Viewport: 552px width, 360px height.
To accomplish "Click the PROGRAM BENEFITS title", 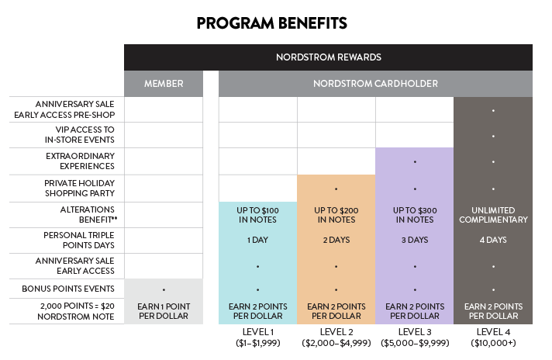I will click(x=271, y=23).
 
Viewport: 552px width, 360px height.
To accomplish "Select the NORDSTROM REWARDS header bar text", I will click(x=329, y=57).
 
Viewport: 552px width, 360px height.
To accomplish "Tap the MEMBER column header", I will click(x=163, y=84).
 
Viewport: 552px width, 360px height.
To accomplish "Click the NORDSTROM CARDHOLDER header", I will click(x=376, y=84).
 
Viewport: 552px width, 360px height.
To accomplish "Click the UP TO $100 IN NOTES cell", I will click(x=257, y=215).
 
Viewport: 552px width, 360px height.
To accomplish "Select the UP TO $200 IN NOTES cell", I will click(x=336, y=215).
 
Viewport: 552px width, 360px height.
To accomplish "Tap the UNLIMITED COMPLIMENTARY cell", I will click(x=493, y=215).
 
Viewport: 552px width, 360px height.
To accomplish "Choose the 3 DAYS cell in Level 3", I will click(x=415, y=241).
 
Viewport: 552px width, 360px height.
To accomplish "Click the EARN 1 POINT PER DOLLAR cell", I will click(x=163, y=311).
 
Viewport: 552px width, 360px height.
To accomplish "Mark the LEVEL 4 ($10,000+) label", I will click(x=493, y=337).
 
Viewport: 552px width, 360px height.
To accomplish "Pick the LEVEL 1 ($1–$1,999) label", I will click(x=257, y=337).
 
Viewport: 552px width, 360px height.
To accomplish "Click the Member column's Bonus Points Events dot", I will click(x=163, y=289).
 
